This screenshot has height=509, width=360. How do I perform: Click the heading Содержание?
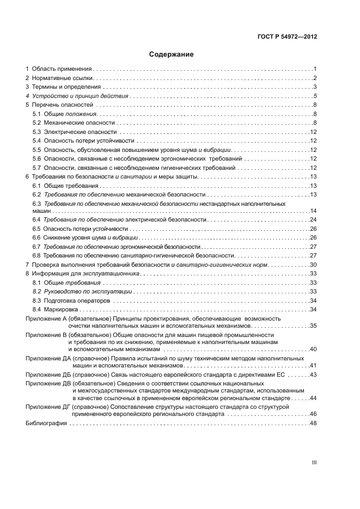point(172,54)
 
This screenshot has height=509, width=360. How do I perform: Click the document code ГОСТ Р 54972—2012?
point(287,37)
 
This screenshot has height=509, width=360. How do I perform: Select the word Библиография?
point(46,424)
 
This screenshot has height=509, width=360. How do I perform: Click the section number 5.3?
point(36,132)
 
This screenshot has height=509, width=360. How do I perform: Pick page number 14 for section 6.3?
point(314,211)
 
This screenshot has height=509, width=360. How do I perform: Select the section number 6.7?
point(36,247)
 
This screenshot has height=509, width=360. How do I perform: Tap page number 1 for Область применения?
point(315,69)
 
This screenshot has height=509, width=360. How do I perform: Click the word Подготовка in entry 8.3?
point(60,301)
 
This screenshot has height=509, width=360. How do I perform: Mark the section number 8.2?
point(36,292)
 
